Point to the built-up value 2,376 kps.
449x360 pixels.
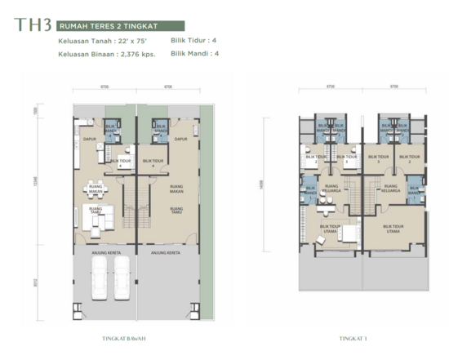pyautogui.click(x=137, y=54)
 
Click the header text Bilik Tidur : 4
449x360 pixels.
pyautogui.click(x=194, y=40)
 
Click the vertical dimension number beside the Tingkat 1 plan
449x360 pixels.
pyautogui.click(x=264, y=185)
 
